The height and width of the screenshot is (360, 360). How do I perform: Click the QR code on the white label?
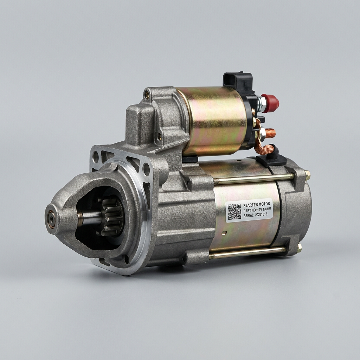click(234, 212)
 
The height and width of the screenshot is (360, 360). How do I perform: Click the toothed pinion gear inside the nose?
click(111, 217)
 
